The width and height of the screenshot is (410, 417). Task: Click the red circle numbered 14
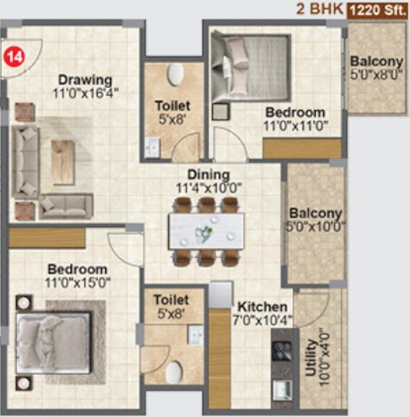(x=15, y=57)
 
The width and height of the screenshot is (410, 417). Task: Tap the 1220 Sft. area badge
(x=377, y=10)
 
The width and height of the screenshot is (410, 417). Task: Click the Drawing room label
(x=85, y=80)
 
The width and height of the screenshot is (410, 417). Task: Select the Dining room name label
(x=209, y=175)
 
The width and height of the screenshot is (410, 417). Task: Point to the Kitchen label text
(x=262, y=307)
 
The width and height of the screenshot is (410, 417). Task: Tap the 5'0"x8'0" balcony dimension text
(x=377, y=74)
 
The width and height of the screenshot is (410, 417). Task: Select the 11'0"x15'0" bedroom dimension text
(x=78, y=283)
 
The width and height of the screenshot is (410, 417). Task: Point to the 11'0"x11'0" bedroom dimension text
(x=295, y=125)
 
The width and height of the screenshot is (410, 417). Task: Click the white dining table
(x=206, y=231)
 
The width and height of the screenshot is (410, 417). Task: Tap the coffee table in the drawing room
(x=63, y=163)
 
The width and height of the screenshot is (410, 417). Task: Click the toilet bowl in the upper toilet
(x=175, y=74)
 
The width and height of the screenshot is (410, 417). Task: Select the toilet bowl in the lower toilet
(x=174, y=371)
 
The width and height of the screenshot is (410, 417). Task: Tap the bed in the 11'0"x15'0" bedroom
(x=53, y=343)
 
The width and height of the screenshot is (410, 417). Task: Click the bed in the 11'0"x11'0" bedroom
(x=251, y=66)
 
